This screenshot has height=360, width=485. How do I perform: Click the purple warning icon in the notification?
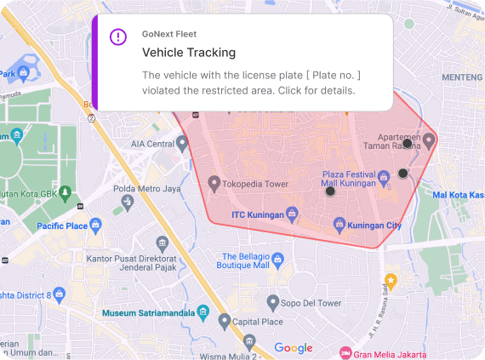[x=118, y=37]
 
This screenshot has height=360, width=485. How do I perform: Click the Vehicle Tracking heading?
[x=188, y=53]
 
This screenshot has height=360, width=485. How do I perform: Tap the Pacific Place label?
[x=62, y=226]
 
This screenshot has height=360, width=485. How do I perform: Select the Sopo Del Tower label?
[x=311, y=302]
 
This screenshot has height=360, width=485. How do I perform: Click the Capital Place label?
[x=258, y=323]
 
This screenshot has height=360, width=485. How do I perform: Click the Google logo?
[x=294, y=347]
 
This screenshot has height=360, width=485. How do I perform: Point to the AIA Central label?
[x=151, y=144]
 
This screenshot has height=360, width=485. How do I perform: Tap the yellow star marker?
[x=391, y=280]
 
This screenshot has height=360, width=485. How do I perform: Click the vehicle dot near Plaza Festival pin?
[x=403, y=174]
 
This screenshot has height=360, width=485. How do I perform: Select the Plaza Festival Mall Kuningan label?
[x=349, y=178]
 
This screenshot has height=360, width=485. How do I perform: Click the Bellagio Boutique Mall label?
[x=245, y=260]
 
